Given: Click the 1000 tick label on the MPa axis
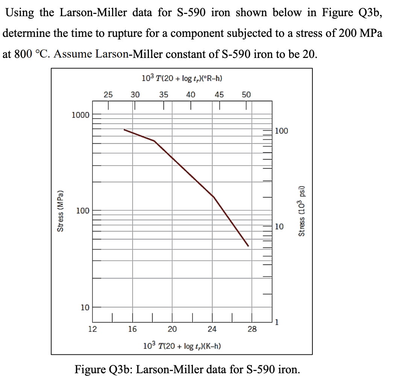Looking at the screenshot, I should click(x=81, y=115).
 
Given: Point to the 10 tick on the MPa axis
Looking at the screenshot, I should click(x=85, y=307).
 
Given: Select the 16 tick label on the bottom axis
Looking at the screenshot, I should click(x=132, y=329).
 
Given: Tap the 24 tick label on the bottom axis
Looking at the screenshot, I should click(x=212, y=329).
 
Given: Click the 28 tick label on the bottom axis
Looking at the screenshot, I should click(x=252, y=329).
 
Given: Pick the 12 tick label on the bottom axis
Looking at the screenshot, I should click(x=92, y=329).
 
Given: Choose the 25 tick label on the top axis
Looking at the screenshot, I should click(x=108, y=94).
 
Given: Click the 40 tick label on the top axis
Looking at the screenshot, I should click(x=191, y=94).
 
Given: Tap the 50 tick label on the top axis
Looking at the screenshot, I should click(x=246, y=94).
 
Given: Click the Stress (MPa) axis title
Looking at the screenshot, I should click(x=59, y=211).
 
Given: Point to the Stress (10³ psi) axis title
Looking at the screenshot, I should click(x=301, y=211).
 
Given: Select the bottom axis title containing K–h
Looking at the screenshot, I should click(x=182, y=345).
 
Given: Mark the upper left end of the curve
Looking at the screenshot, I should click(x=124, y=130).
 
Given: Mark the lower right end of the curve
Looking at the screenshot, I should click(x=248, y=246).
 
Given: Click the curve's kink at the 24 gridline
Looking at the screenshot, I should click(x=213, y=196).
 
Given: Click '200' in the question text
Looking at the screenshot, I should click(x=348, y=33).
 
